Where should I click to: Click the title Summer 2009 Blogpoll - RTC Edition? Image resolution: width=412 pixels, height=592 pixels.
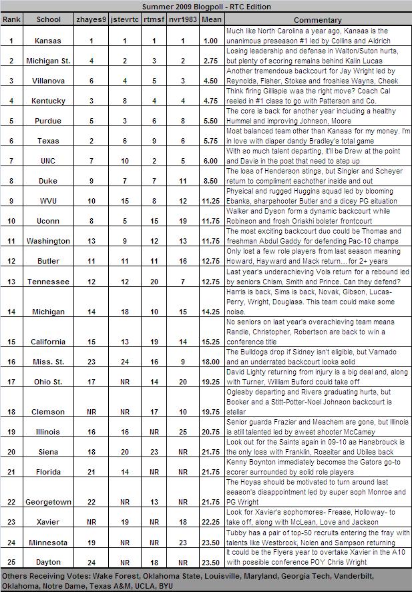tap(206, 6)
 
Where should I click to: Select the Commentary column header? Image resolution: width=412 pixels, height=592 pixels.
tap(317, 20)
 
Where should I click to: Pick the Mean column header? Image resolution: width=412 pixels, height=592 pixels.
tap(210, 20)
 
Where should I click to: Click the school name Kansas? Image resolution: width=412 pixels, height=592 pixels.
tap(48, 41)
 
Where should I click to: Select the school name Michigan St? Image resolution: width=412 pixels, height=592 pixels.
tap(48, 61)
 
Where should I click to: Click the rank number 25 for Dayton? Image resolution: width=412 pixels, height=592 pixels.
tap(12, 561)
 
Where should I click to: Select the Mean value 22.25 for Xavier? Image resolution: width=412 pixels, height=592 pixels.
tap(210, 521)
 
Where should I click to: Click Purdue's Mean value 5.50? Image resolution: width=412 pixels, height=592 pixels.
tap(210, 121)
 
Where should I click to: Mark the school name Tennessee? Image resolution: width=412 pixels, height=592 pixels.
tap(48, 282)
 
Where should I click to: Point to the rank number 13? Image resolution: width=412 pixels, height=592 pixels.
tap(12, 282)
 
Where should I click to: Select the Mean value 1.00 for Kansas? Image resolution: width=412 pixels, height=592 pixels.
tap(210, 41)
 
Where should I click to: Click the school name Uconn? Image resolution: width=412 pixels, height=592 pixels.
tap(48, 220)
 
